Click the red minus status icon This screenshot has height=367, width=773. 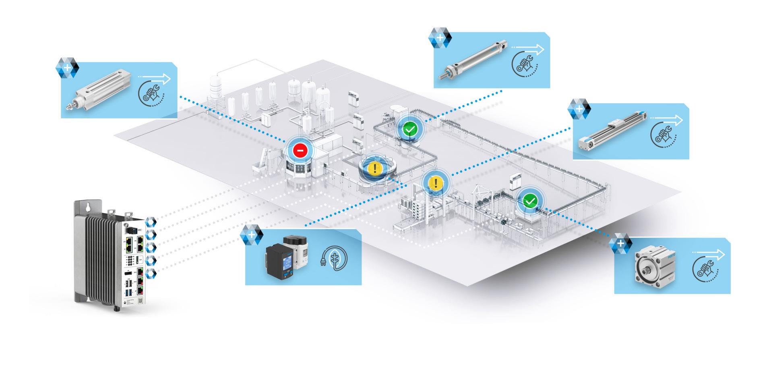[300, 151]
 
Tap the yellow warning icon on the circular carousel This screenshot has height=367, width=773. [375, 168]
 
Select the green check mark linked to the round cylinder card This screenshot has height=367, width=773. [410, 130]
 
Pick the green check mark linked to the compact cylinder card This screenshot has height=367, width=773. [530, 200]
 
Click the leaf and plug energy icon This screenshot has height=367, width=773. [334, 257]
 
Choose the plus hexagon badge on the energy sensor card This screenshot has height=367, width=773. [251, 235]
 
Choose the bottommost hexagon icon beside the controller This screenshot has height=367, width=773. [151, 274]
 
